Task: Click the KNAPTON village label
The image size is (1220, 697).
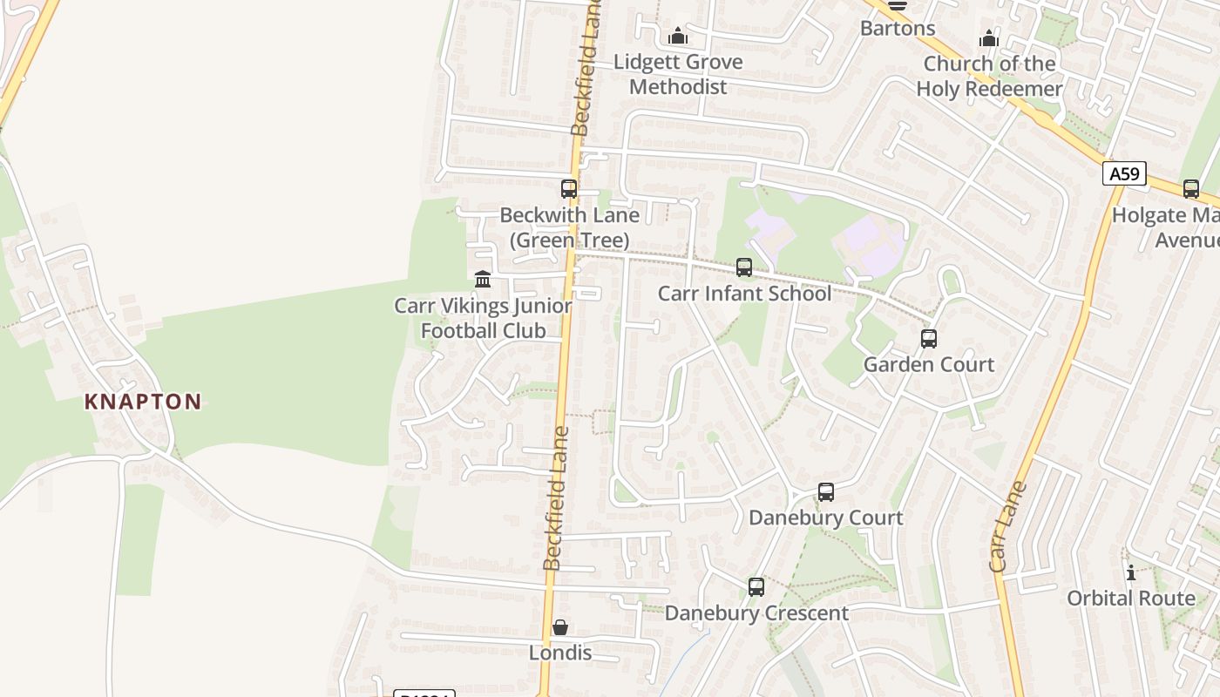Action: [143, 402]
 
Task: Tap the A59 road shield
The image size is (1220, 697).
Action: [1124, 173]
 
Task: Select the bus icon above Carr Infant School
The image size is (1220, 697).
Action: [744, 267]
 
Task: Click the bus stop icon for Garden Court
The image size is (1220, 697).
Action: [929, 339]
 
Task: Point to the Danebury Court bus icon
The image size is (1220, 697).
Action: [826, 492]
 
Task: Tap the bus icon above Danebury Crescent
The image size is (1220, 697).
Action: [756, 587]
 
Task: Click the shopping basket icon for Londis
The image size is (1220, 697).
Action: [560, 627]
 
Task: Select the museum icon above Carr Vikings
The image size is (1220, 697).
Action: [483, 280]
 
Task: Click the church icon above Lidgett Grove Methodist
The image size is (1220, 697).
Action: [678, 37]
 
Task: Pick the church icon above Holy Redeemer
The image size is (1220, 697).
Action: [988, 38]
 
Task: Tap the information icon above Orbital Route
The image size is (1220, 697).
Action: [1131, 572]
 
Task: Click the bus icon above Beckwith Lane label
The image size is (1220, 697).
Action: [569, 189]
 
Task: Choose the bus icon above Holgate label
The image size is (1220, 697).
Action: [1191, 189]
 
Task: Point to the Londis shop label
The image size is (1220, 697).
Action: [560, 653]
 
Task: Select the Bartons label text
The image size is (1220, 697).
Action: [898, 28]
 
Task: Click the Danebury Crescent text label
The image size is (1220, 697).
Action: [756, 612]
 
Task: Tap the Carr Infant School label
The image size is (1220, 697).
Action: [744, 293]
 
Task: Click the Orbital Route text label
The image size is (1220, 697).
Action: [1131, 598]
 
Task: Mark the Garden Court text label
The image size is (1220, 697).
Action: [929, 364]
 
